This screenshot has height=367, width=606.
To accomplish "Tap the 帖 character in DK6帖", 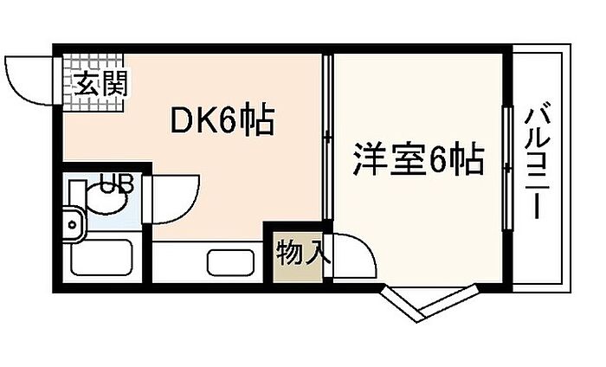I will pyautogui.click(x=256, y=121).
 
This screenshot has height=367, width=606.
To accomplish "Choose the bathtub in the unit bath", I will pyautogui.click(x=100, y=258).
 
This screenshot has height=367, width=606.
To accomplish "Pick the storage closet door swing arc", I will pyautogui.click(x=353, y=255).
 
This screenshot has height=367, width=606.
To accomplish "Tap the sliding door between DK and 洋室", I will pyautogui.click(x=327, y=138).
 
